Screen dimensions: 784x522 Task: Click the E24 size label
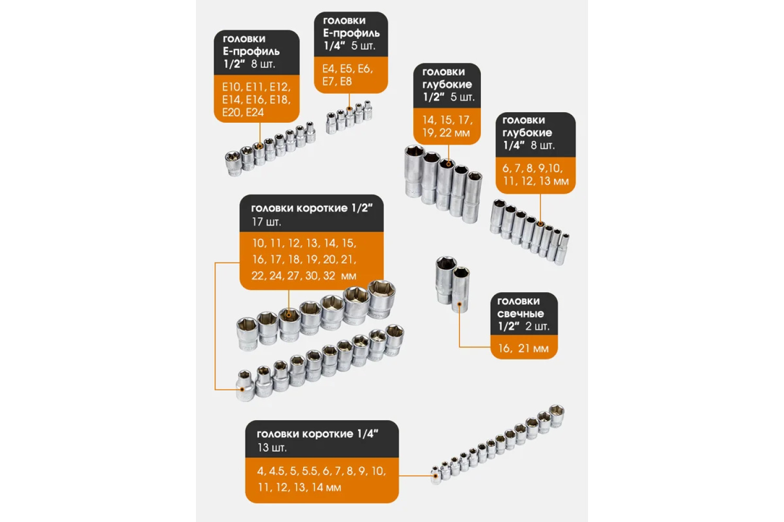255,113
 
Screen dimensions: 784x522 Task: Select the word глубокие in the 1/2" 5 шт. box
447,85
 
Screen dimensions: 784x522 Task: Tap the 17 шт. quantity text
267,222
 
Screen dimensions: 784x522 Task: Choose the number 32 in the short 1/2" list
329,276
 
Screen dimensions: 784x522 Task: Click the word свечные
521,314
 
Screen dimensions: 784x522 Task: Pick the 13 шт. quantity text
272,447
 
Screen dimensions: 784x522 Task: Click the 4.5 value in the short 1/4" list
276,471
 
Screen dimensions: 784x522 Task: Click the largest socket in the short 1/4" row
556,416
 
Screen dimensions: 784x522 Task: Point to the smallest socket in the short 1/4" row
436,475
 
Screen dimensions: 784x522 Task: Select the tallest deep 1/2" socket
415,171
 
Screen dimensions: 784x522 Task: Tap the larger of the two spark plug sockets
445,280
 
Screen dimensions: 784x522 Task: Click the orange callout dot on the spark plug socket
459,304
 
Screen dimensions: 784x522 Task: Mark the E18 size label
280,100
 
